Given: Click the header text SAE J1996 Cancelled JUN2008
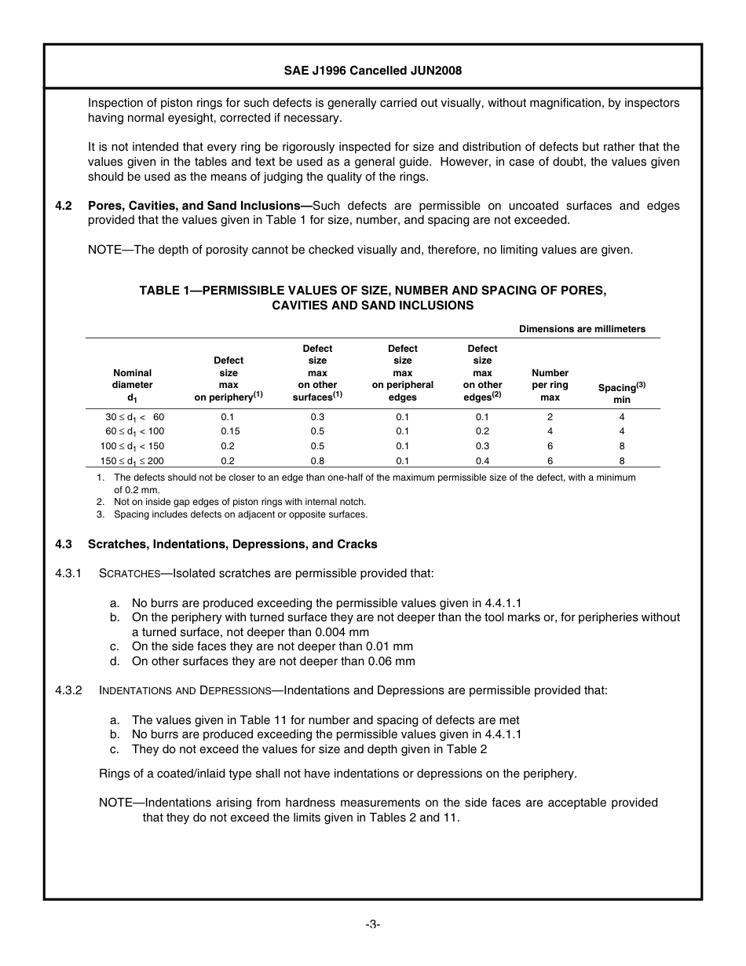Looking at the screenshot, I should tap(372, 70).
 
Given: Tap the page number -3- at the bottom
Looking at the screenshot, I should tap(372, 925).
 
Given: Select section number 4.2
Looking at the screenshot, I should tap(64, 206).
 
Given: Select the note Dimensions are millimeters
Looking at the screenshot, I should tap(582, 329).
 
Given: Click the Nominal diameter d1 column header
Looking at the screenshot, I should tap(133, 386).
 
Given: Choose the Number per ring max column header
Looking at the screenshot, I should tap(550, 385).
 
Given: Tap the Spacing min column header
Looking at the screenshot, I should tap(622, 393).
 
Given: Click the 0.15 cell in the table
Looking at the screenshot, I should tap(229, 431).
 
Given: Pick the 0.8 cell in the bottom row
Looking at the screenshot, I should tap(317, 461).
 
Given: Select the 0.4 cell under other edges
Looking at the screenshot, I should tap(482, 461).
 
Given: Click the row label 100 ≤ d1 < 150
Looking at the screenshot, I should tap(130, 446).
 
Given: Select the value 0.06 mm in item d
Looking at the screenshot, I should tap(388, 661).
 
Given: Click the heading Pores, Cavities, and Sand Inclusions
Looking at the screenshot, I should tap(197, 206).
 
